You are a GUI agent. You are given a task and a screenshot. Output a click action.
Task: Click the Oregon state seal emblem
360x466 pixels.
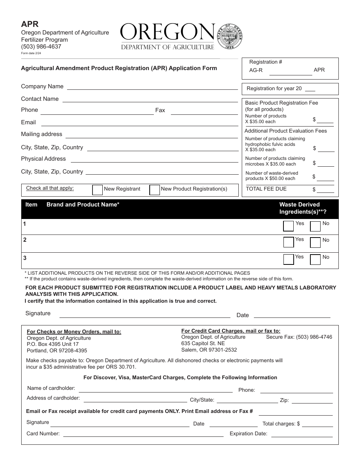(x=230, y=37)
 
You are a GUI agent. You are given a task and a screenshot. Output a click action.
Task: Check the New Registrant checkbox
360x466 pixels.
(x=97, y=189)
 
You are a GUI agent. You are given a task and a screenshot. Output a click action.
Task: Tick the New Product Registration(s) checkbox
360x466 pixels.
(x=155, y=189)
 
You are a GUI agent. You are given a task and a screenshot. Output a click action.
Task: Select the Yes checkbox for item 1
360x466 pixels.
(x=288, y=226)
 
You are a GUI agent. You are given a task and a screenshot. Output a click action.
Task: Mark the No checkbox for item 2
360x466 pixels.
(x=315, y=242)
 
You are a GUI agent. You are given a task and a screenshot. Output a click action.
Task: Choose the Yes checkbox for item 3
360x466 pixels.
(x=288, y=259)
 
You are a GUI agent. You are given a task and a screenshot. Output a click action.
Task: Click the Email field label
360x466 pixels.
(x=28, y=122)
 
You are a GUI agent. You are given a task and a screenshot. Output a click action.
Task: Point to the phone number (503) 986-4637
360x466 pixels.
(x=41, y=47)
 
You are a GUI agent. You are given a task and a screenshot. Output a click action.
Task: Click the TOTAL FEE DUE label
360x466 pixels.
(x=266, y=189)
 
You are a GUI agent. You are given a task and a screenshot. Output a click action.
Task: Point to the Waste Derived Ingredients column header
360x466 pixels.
(x=302, y=208)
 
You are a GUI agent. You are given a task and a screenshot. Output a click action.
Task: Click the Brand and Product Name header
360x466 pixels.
(x=83, y=205)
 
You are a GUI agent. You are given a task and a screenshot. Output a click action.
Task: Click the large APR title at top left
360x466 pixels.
(x=30, y=24)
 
